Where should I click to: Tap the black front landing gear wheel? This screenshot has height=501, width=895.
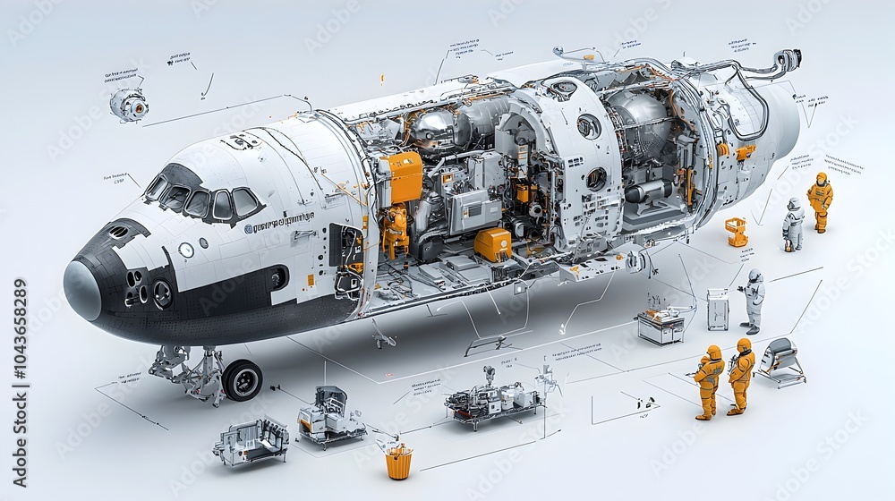(x=242, y=380)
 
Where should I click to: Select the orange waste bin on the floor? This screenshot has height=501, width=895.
(x=399, y=463)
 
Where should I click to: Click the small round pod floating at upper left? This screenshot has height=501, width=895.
(x=129, y=105)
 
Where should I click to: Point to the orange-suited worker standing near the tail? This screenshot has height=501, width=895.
(x=820, y=202)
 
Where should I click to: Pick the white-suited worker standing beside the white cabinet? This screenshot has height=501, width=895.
(x=754, y=301)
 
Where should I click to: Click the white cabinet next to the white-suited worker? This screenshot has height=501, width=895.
(x=718, y=309)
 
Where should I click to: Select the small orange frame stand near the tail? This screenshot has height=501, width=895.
(x=737, y=231)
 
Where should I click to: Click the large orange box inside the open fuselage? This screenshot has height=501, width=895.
(x=402, y=176)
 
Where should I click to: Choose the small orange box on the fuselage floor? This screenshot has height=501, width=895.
(x=492, y=243)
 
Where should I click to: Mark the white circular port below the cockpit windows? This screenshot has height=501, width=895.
(x=186, y=250)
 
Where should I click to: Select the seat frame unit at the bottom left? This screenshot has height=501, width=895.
(x=251, y=440)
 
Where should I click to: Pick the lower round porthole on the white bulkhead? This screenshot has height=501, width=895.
(x=595, y=178)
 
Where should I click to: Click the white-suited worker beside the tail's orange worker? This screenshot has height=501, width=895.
(x=793, y=224)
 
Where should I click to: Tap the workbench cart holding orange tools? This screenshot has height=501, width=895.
(x=661, y=325)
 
